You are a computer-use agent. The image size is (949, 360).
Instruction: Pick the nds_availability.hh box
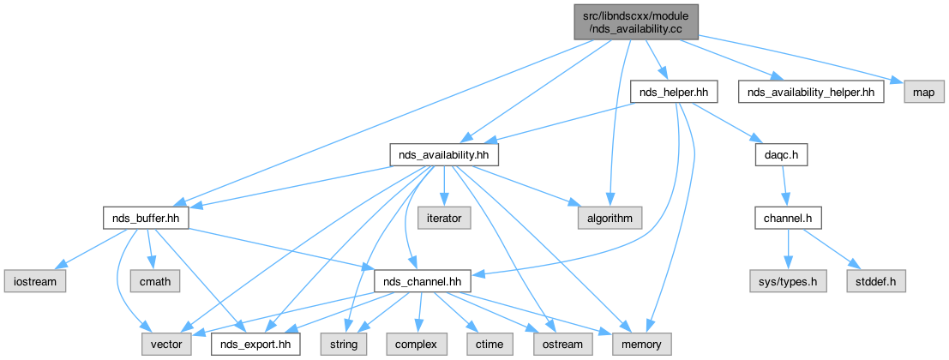[x=444, y=154]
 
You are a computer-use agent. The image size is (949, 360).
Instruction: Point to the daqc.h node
[x=782, y=154]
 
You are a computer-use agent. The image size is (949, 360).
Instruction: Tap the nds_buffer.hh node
[x=146, y=218]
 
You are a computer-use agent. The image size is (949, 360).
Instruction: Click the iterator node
[x=443, y=218]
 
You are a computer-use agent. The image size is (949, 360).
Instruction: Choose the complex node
[x=417, y=344]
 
